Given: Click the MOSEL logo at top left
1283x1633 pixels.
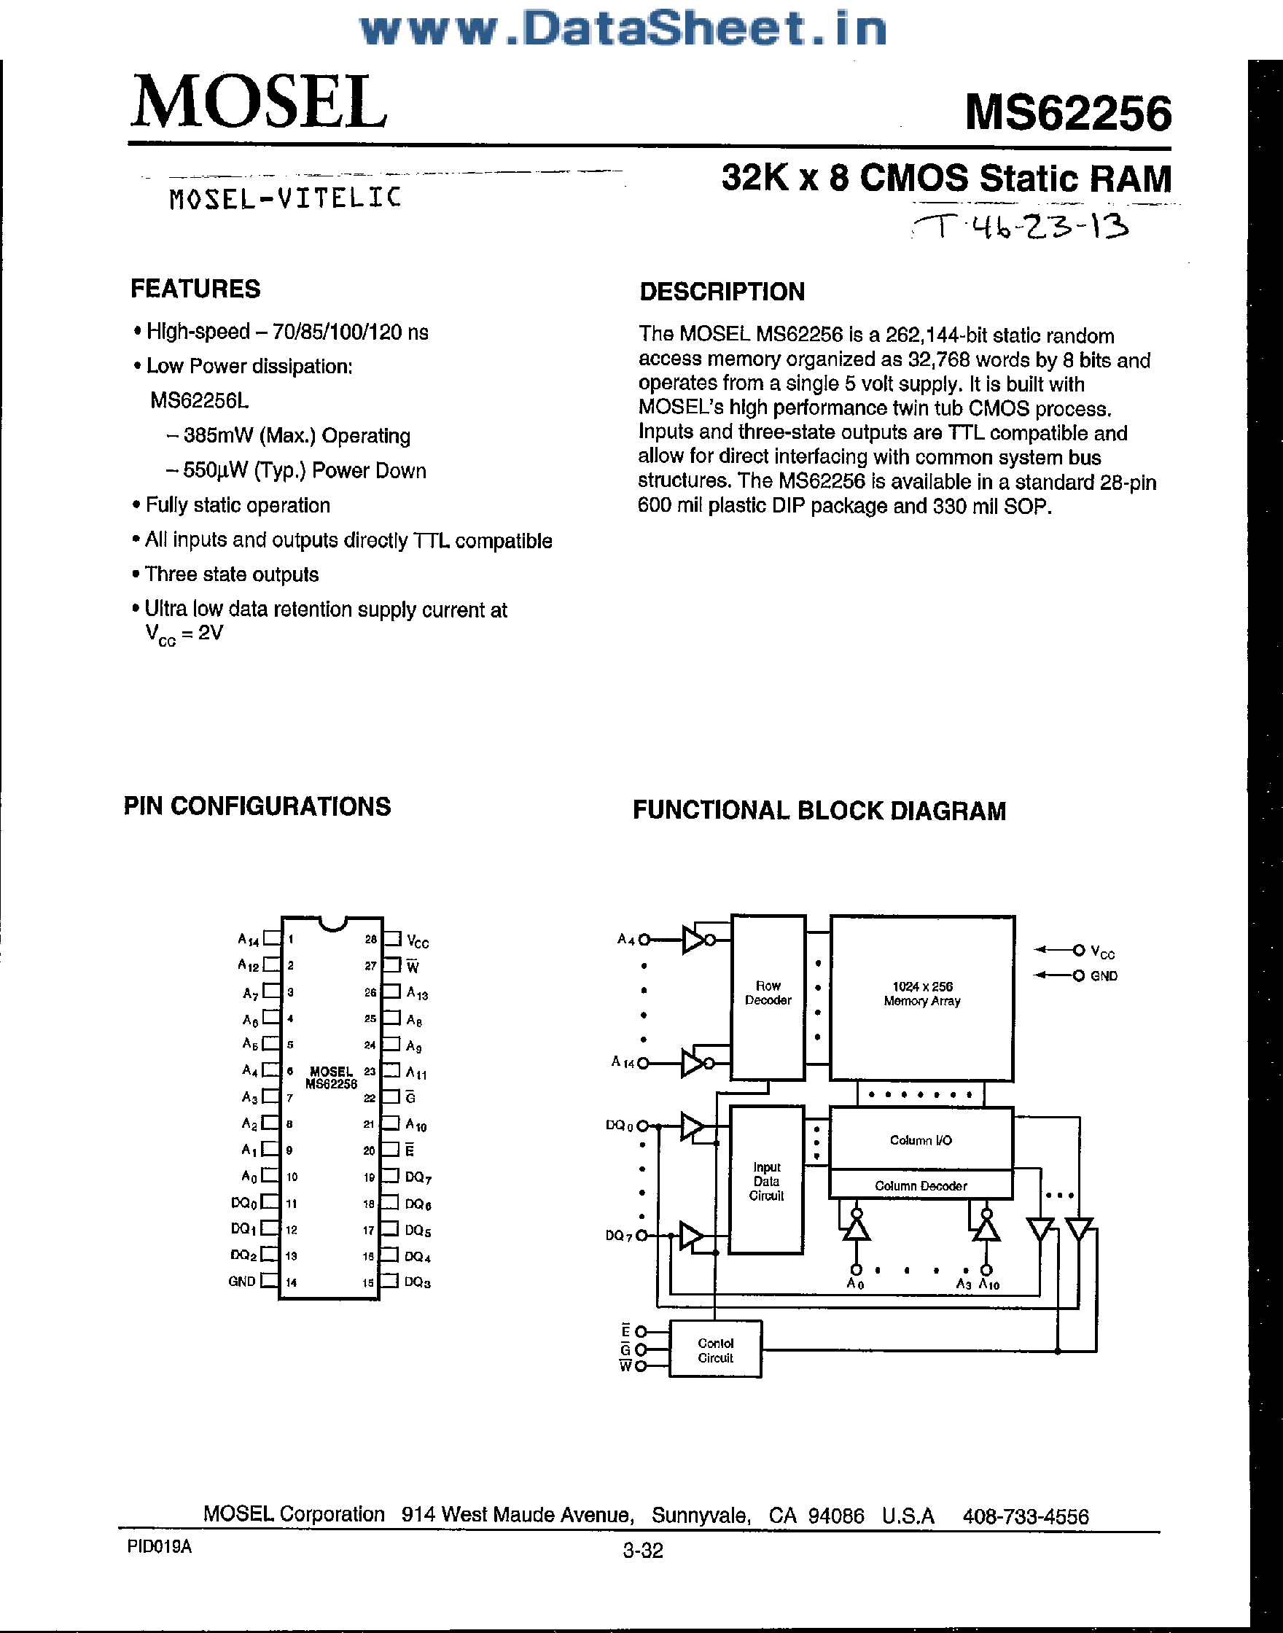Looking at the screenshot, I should tap(260, 102).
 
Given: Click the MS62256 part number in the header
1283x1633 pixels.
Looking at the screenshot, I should tap(1067, 114).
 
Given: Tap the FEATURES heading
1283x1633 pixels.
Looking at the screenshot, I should tap(195, 289).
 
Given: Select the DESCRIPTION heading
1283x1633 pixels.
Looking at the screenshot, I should tap(722, 292).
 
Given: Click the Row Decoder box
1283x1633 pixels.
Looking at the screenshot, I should tap(768, 996).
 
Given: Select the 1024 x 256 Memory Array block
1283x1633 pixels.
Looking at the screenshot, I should tap(921, 996).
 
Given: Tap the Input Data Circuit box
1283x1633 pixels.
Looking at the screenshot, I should tap(766, 1180).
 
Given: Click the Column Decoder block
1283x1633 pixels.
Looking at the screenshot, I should tap(921, 1186).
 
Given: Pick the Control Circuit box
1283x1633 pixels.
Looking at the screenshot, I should tap(715, 1350).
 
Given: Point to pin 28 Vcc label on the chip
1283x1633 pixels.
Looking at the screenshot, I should tap(418, 941).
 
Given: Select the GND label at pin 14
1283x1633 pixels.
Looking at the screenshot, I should tap(242, 1282).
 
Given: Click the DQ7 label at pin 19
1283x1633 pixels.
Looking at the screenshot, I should tap(418, 1177).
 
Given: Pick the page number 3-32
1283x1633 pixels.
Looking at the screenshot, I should tap(643, 1550).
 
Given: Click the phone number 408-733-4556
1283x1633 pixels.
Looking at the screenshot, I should tap(1026, 1516).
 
